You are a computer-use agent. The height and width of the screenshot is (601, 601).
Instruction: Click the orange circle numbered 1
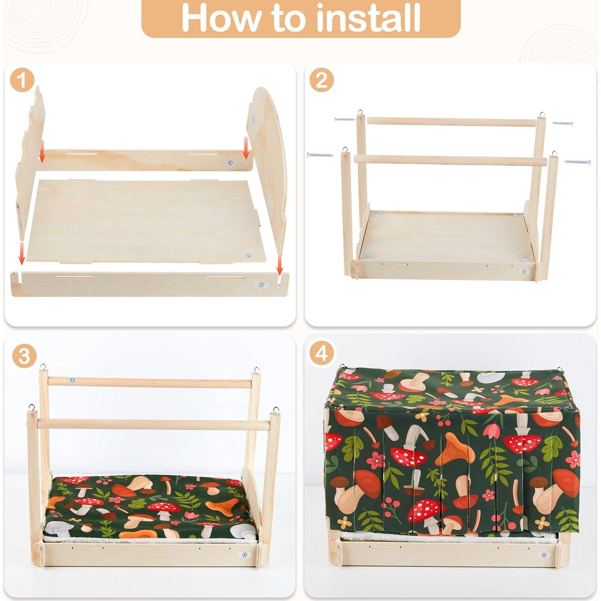click(x=22, y=80)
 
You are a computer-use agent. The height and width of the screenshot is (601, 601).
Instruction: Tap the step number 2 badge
click(x=321, y=80)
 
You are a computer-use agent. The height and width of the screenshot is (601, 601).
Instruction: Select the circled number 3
click(x=24, y=356)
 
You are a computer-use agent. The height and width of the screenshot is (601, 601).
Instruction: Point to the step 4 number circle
click(x=321, y=354)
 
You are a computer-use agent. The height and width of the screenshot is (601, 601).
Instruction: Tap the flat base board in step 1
click(x=149, y=220)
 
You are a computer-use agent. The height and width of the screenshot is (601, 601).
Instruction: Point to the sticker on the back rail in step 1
click(x=230, y=163)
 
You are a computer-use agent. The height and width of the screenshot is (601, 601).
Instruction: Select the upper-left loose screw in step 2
click(x=345, y=119)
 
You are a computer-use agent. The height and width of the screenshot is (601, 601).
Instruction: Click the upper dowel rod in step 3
click(x=149, y=382)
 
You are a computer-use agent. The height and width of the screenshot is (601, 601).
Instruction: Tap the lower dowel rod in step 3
click(x=153, y=424)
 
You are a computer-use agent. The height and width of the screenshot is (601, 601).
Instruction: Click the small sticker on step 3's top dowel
click(x=71, y=380)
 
